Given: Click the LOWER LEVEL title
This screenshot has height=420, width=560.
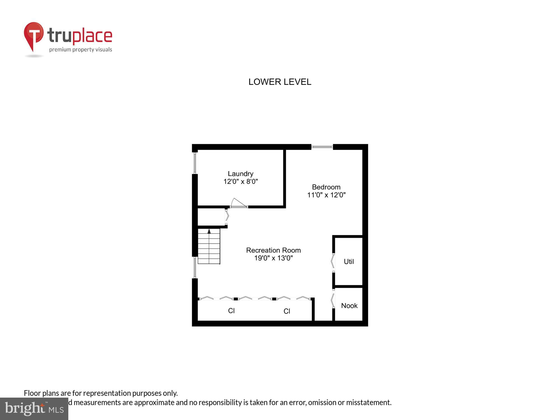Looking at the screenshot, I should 280,82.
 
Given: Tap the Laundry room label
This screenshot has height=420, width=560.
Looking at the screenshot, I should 241,174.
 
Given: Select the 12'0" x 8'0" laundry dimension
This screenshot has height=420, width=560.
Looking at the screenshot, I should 241,181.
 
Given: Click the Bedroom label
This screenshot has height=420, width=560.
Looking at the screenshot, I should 326,187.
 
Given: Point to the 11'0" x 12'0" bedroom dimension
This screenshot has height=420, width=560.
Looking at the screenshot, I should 326,195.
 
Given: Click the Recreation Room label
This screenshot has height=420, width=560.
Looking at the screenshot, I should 273,250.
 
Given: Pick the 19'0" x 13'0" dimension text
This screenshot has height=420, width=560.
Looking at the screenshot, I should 273,258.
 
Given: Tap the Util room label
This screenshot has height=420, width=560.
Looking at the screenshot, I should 349,262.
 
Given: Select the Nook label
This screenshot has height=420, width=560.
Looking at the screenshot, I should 349,305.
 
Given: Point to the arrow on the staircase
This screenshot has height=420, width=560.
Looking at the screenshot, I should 209,231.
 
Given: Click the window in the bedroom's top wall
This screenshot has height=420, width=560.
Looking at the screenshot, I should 322,146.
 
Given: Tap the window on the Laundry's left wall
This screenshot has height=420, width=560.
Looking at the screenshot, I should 195,163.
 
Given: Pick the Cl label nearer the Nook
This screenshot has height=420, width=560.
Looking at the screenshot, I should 287,311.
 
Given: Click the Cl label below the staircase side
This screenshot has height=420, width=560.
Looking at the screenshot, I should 231,311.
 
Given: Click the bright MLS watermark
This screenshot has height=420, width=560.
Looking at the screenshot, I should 34,409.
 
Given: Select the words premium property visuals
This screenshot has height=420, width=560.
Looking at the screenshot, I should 81,50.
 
